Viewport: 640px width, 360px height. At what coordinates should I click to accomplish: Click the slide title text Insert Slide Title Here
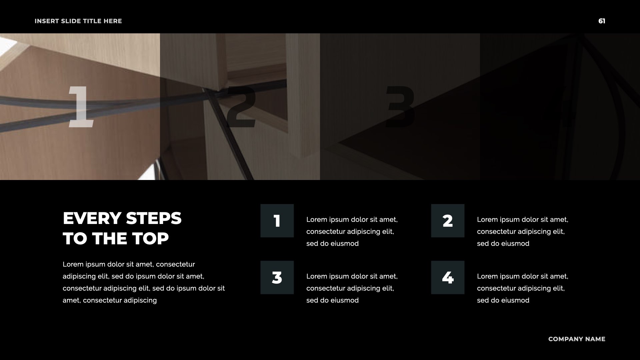(78, 21)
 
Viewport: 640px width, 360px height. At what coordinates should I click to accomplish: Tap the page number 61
(602, 21)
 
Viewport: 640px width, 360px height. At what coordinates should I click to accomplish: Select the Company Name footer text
(577, 339)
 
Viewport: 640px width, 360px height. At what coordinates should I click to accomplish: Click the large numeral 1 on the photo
(81, 106)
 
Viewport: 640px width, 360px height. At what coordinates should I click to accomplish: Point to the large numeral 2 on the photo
(241, 106)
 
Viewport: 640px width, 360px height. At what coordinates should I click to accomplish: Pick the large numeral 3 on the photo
(400, 106)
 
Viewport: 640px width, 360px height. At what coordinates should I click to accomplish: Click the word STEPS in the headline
(154, 219)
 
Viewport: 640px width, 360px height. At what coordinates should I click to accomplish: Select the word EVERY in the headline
(92, 219)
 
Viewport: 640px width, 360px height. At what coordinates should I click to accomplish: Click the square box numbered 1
(277, 221)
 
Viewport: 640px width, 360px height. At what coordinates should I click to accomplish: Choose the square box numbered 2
(448, 221)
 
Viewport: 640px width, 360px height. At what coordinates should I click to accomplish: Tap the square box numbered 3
(277, 277)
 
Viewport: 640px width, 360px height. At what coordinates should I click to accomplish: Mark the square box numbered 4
(448, 277)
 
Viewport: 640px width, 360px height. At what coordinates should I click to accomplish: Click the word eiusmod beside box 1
(344, 244)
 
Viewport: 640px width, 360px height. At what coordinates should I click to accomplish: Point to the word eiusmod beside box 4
(515, 300)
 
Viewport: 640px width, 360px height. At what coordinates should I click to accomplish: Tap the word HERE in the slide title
(113, 21)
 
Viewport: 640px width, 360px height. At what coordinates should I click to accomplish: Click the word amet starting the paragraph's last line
(72, 300)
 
